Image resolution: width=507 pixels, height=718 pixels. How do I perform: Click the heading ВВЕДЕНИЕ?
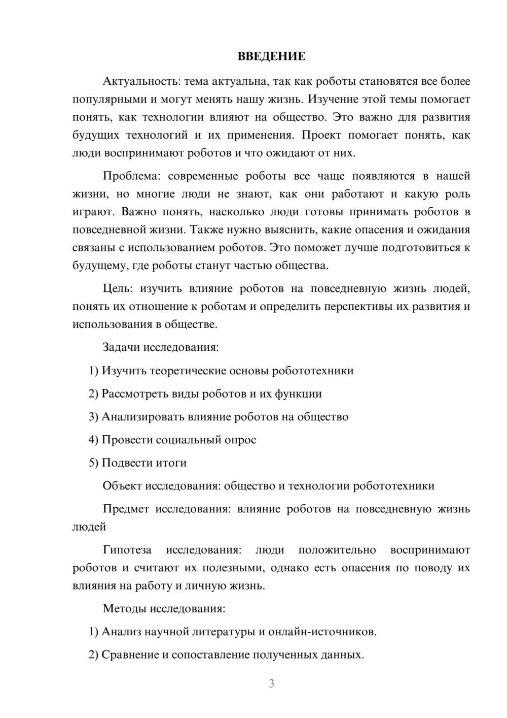coord(271,56)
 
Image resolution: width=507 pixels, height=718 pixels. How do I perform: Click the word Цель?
coord(117,289)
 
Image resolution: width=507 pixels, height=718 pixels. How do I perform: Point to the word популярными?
coord(105,100)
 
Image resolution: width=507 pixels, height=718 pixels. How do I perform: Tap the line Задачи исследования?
coord(161,347)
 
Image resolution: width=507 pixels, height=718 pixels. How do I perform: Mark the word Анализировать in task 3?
coord(143,417)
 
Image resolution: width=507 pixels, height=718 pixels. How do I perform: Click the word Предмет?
coord(125,509)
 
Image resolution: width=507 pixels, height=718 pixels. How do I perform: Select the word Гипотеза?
coord(127,550)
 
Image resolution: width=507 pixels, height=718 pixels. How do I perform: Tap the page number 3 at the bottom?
coord(271,684)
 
